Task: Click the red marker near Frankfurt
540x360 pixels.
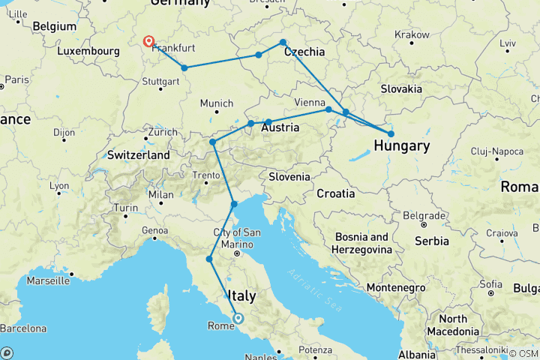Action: click(x=148, y=42)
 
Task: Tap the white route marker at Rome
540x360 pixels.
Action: click(x=238, y=318)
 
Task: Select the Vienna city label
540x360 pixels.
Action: click(x=310, y=101)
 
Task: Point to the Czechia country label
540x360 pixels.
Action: click(x=304, y=52)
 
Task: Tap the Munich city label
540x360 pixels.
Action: click(x=216, y=103)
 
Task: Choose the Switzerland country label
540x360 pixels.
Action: click(x=138, y=154)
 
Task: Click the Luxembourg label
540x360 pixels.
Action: click(x=88, y=51)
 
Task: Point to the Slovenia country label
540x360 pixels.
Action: click(x=289, y=177)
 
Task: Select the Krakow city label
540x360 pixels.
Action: click(x=412, y=34)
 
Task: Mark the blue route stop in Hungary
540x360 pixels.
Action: click(x=391, y=134)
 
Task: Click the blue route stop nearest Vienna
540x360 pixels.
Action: click(x=328, y=109)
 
